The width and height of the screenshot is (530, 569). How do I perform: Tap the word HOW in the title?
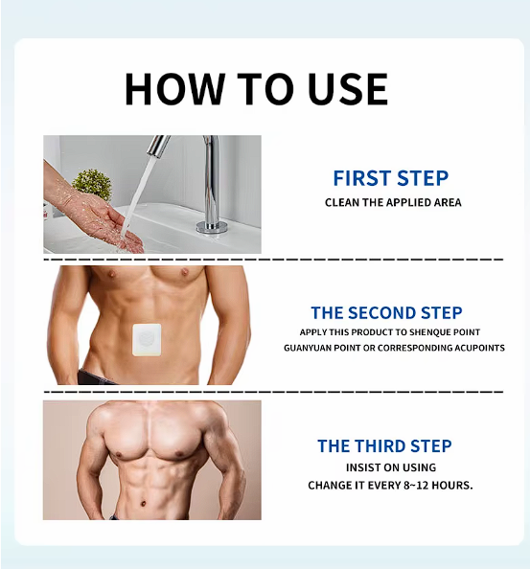pyautogui.click(x=175, y=89)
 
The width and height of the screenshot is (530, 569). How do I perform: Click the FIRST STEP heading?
pyautogui.click(x=391, y=178)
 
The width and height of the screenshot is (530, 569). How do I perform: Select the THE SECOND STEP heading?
pyautogui.click(x=386, y=313)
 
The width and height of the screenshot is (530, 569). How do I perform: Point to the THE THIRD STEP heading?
pyautogui.click(x=384, y=446)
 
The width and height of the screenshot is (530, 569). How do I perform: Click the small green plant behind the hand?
pyautogui.click(x=92, y=185)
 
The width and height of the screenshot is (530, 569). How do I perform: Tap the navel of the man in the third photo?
pyautogui.click(x=144, y=504)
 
